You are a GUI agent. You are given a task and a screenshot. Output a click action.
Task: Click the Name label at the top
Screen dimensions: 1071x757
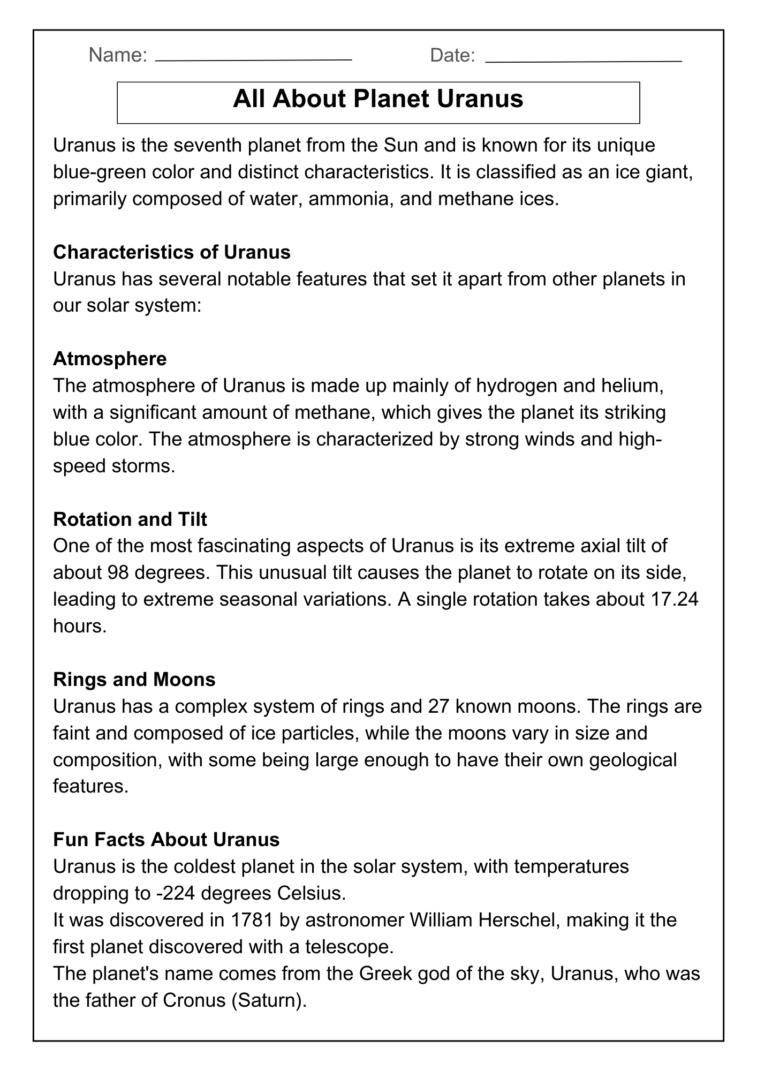pos(118,55)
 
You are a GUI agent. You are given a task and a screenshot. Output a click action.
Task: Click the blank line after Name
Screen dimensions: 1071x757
pos(253,60)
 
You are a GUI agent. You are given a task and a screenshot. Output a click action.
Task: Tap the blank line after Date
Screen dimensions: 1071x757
pos(584,61)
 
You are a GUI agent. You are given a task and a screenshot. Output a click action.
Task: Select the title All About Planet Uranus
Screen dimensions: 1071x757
pos(378,100)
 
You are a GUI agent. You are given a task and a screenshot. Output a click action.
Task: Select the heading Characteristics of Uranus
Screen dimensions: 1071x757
pos(172,252)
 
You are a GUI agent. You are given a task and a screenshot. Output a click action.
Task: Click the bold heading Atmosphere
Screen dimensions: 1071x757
pos(110,358)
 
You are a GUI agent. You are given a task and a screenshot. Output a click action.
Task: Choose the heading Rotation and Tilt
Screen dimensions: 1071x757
pos(130,519)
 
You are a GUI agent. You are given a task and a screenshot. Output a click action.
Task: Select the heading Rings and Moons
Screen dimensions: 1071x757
pos(134,679)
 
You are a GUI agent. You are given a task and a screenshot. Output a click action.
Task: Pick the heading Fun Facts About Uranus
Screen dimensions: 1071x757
pos(166,839)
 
